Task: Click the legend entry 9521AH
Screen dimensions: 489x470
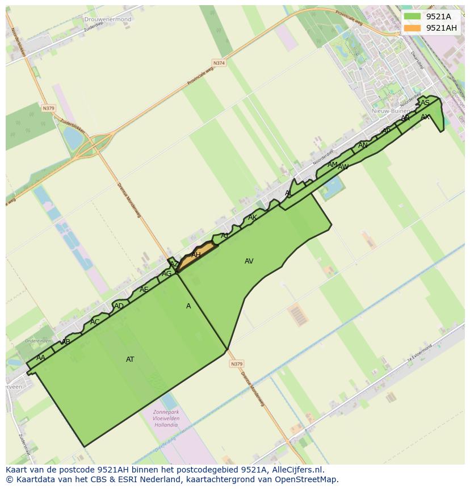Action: coord(441,28)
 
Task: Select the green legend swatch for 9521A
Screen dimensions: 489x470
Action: coord(413,16)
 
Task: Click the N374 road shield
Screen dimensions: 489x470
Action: coord(219,62)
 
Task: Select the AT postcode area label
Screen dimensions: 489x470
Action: coord(130,360)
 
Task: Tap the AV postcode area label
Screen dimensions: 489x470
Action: coord(249,261)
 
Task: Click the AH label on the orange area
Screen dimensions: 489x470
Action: coord(196,255)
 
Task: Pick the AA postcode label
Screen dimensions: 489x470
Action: coord(40,358)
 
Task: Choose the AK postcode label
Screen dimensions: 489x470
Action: coord(252,218)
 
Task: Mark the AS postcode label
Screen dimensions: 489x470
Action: coord(425,103)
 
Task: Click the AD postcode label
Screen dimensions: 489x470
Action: coord(119,307)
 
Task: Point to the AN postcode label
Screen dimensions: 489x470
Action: coord(363,145)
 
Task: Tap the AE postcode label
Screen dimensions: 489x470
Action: coord(144,290)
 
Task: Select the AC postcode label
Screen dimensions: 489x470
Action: coord(95,322)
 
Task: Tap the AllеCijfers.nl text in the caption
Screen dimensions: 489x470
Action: coord(296,470)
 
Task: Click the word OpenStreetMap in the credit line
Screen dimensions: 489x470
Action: coord(307,479)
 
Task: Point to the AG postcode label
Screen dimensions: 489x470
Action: coord(166,274)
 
